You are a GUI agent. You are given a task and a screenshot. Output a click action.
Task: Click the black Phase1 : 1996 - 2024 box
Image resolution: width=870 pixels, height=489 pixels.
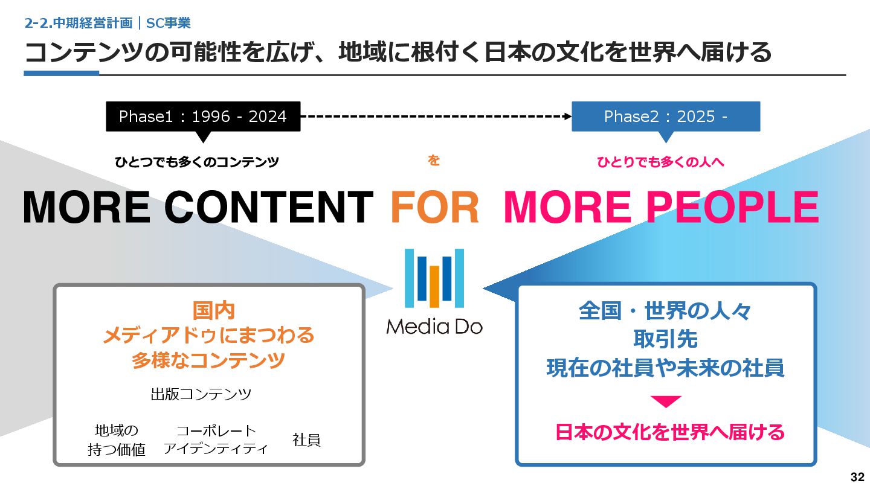click(x=203, y=117)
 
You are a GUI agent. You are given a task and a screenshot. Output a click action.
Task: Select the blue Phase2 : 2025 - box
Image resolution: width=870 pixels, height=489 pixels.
click(x=666, y=117)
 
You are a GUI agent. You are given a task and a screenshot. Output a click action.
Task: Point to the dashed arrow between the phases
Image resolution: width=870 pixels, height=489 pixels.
click(x=436, y=116)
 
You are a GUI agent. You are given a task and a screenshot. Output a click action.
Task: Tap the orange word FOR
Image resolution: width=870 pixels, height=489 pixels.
click(x=435, y=207)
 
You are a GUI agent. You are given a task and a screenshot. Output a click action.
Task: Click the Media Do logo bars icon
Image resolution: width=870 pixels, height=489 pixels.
click(x=434, y=278)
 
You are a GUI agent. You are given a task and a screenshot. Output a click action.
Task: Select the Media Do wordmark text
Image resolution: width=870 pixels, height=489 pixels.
click(x=434, y=327)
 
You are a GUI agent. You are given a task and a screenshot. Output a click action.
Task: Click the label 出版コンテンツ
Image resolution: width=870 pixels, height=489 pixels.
click(x=201, y=394)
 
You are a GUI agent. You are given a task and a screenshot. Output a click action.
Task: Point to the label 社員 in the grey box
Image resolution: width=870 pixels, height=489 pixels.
click(x=306, y=439)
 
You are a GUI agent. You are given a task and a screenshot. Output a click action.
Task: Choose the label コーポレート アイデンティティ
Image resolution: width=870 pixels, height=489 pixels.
click(x=216, y=439)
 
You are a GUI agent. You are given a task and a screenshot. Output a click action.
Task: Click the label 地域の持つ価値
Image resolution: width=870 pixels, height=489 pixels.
click(x=117, y=439)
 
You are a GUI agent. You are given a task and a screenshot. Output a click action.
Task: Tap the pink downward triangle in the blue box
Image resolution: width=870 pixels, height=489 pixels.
click(x=666, y=401)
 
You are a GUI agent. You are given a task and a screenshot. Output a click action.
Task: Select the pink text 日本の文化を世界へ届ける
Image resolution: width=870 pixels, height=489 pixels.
click(x=669, y=432)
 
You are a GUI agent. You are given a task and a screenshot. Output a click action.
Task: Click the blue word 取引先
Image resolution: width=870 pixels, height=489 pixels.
click(x=665, y=339)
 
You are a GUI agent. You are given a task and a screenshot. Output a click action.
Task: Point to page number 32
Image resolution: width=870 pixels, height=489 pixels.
click(x=857, y=477)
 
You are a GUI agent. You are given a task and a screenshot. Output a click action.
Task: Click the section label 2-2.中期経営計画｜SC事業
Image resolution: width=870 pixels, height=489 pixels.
click(x=108, y=23)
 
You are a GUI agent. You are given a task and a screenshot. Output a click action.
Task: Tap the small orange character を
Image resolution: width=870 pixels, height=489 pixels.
click(x=433, y=161)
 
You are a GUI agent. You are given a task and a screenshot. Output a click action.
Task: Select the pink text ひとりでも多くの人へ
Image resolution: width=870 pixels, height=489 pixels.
click(x=660, y=162)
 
